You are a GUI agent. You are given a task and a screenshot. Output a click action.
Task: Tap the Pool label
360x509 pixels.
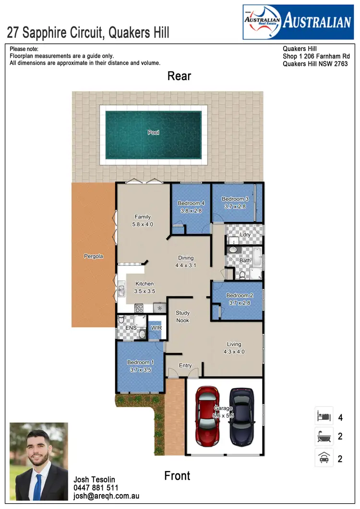[x=154, y=133]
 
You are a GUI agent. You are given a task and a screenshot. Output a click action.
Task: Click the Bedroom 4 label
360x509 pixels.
[x=191, y=203]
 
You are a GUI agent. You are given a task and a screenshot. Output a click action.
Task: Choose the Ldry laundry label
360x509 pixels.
[x=245, y=235]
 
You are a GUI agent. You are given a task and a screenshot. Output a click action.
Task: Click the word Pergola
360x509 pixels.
[x=93, y=256]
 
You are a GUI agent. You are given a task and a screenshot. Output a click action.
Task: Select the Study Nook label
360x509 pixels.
[x=182, y=317]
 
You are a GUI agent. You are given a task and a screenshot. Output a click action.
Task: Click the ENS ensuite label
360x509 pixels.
[x=131, y=328]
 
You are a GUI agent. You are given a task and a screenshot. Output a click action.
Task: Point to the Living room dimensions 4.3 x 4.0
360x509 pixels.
[x=234, y=351]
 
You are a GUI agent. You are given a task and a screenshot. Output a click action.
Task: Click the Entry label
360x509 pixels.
[x=185, y=365]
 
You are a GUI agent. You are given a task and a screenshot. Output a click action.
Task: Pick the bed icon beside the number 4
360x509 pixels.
[x=323, y=415]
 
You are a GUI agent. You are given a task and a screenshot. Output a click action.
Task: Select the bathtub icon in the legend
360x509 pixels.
[x=323, y=436]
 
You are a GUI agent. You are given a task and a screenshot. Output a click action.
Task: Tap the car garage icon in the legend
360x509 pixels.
[x=323, y=458]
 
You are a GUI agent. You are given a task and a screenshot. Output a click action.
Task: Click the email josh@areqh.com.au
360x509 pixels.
[x=106, y=496]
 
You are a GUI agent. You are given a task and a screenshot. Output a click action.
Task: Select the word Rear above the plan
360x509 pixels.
[x=179, y=76]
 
